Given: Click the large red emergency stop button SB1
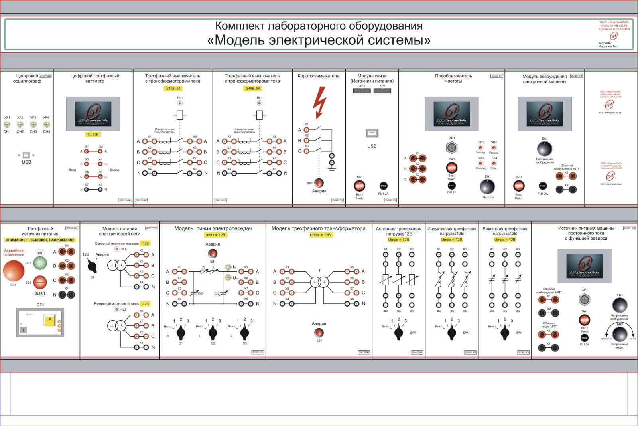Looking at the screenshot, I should (x=14, y=271).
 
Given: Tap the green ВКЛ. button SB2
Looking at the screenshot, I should (x=40, y=263).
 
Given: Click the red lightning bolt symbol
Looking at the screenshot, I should (x=319, y=102).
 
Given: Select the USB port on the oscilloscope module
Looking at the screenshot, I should (x=26, y=155).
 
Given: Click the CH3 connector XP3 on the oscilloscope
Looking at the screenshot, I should (x=33, y=124).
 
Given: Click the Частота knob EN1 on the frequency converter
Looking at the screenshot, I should (x=487, y=186).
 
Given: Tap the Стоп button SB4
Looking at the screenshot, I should (x=494, y=163).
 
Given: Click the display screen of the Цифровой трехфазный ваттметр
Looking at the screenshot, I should (x=93, y=114).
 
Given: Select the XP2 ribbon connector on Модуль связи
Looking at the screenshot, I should (x=382, y=91).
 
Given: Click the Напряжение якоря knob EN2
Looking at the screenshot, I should (x=619, y=333).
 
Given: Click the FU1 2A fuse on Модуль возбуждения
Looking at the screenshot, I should (x=543, y=186).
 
